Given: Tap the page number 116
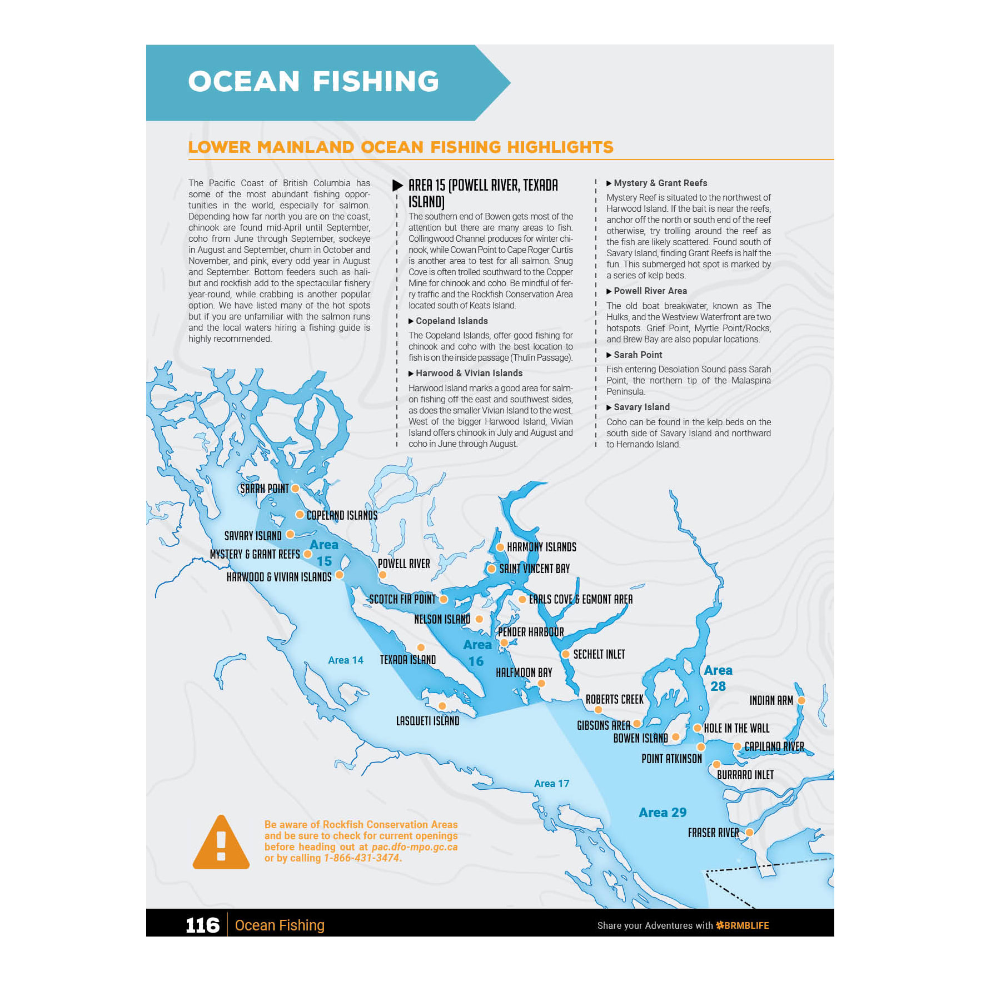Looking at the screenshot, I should coord(202,925).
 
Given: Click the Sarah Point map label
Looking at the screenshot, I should coord(264,489).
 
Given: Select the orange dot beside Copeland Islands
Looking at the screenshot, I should coord(300,515).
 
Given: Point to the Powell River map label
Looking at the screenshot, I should coord(404,564).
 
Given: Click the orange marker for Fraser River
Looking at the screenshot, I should coord(749,832).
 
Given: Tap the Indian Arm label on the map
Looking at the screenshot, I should coord(771,700).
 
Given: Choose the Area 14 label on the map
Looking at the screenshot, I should coord(345,660).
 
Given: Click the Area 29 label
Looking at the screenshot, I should coord(663,813).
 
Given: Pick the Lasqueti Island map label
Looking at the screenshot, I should coord(427,721).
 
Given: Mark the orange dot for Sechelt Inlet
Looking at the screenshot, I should coord(565,654).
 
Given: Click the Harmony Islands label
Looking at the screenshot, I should coord(541,547).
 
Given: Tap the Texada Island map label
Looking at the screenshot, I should coord(407,660).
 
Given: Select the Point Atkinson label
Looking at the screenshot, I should coord(671,759).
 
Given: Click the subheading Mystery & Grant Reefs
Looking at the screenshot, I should coord(660,183).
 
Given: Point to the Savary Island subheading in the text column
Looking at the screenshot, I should coord(641,407).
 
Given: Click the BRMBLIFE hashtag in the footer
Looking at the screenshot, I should coord(743,925).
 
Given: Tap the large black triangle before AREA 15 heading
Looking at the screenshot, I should coord(397,185).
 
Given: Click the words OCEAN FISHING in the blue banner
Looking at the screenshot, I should coord(313,81).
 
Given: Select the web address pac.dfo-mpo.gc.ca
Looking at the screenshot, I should coord(415,847).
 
